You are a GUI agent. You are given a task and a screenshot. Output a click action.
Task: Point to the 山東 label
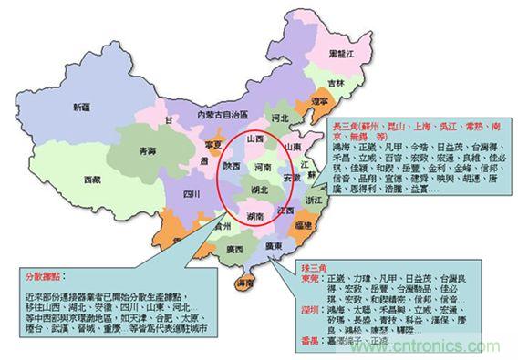point(292,146)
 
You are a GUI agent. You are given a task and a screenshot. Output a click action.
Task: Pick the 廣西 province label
point(233,249)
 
